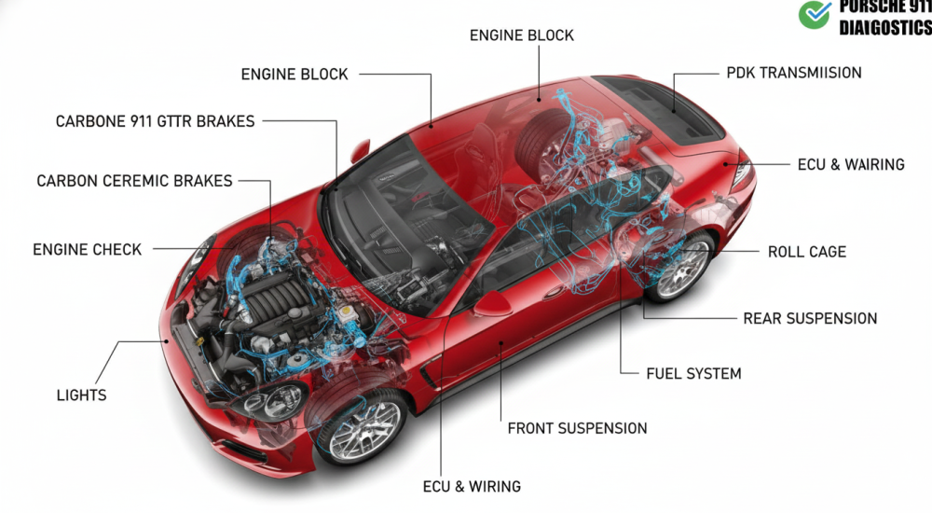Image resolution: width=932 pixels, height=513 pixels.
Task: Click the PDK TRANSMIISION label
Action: coord(793,73)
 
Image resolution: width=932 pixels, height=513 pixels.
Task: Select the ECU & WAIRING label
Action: coord(850,164)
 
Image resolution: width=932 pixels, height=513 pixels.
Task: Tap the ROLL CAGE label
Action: coord(806,252)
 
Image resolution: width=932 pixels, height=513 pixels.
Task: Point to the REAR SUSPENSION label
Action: coord(809,318)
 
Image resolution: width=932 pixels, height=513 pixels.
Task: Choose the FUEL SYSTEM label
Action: coord(693,373)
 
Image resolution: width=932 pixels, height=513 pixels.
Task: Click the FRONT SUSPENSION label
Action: coord(577,428)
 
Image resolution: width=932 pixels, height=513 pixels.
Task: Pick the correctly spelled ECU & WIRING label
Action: coord(472,486)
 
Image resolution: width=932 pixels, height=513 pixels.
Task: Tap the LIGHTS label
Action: coord(82,395)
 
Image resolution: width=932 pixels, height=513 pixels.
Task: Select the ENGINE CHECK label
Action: coord(88,250)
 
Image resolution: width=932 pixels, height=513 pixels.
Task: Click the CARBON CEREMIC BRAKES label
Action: coord(134,181)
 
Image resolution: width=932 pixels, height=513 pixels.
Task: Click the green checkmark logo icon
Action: coord(814,14)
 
